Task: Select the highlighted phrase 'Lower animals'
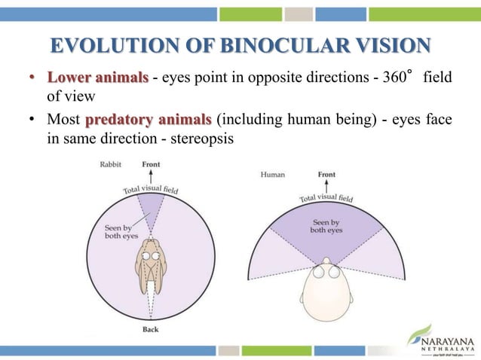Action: pos(87,79)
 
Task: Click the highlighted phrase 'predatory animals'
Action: pos(149,119)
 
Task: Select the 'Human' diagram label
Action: pos(273,174)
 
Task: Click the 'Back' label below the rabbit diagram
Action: pos(151,329)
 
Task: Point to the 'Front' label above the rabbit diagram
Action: pos(151,164)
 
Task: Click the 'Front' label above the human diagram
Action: pos(326,174)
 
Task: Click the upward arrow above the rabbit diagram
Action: pos(151,176)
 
